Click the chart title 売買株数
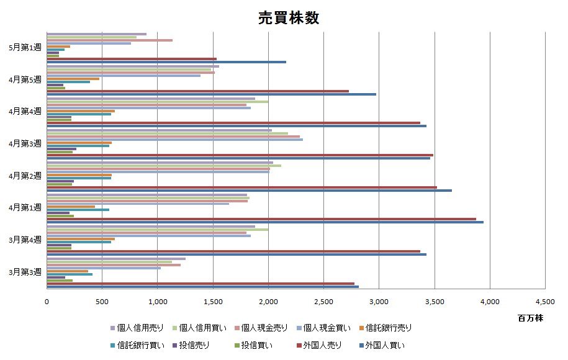coord(289,18)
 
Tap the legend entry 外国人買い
coord(385,344)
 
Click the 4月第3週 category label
coord(25,143)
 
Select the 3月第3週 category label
coord(25,272)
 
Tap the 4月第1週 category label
coord(25,207)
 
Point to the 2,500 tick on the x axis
coord(324,302)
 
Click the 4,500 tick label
coord(545,302)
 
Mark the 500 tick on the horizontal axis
coord(102,302)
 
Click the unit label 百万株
coord(531,318)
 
